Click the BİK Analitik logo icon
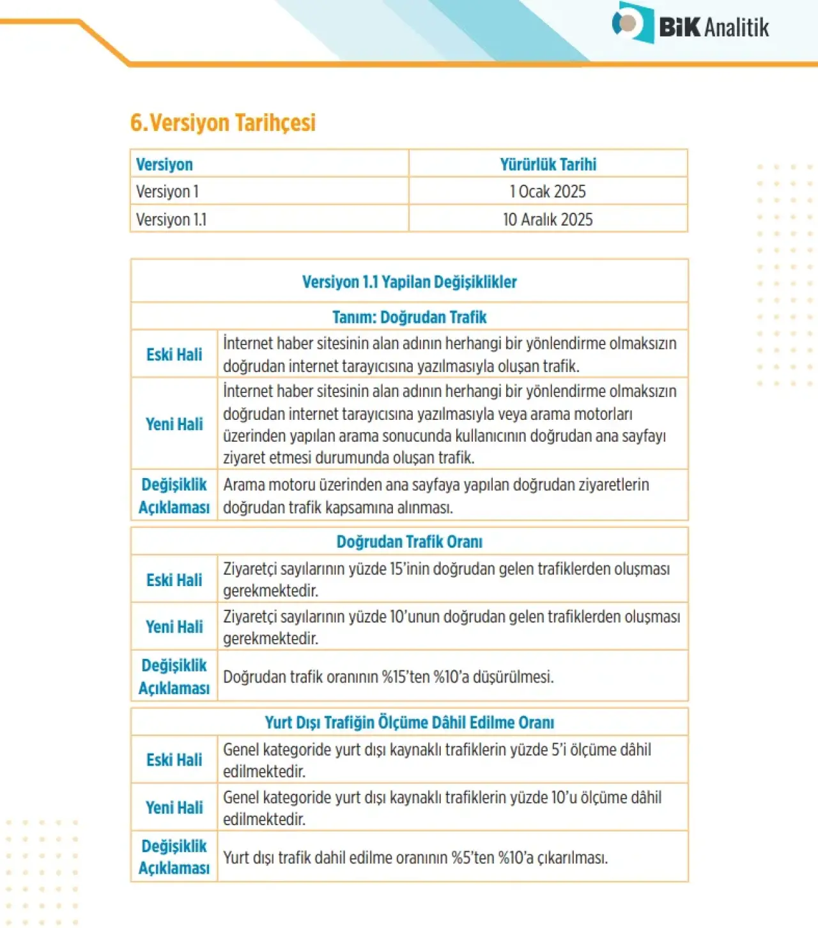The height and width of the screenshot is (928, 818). point(632,23)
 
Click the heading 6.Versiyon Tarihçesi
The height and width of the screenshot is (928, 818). point(223,123)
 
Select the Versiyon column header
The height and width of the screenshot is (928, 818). point(164,164)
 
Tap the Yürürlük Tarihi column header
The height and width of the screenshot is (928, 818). point(548,164)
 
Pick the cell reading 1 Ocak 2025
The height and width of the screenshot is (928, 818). point(548,192)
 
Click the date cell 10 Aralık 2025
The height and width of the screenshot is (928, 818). point(548,219)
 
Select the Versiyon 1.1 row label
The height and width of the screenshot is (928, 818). point(171,219)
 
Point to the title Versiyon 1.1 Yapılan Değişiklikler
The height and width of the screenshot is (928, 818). point(409,282)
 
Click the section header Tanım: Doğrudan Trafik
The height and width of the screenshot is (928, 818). point(409,317)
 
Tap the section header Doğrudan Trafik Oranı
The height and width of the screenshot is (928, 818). point(409,542)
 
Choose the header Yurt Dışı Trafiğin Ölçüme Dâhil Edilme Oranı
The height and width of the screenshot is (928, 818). point(409,722)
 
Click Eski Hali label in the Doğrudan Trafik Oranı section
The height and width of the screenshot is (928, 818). point(174,580)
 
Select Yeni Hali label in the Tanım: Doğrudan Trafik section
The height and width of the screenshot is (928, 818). point(174,424)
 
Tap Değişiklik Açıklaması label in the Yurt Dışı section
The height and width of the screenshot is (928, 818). point(174,857)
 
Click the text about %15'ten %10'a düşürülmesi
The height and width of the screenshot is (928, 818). point(388,677)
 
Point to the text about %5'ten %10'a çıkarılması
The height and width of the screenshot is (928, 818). point(415,858)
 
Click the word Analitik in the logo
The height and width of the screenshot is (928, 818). point(737,27)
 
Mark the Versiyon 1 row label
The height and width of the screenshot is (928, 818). point(167,192)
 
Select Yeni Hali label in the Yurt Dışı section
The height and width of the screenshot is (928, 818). point(174,808)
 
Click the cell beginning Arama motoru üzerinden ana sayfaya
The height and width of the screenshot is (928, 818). point(436,496)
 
